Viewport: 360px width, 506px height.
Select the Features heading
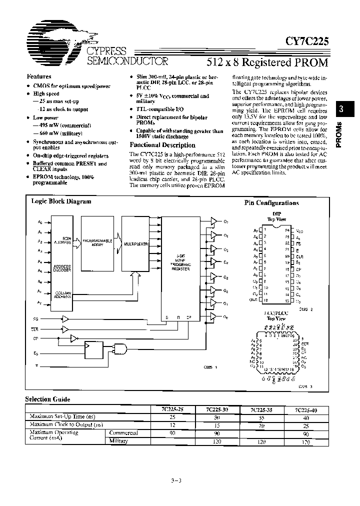[39, 76]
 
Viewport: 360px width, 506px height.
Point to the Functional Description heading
[155, 145]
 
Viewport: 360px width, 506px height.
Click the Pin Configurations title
[271, 203]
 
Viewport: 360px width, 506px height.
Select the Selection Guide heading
[48, 399]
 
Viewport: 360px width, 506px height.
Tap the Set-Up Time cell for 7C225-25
[172, 416]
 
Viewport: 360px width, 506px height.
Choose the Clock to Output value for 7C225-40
[306, 424]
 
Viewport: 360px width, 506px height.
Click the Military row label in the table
[118, 440]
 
